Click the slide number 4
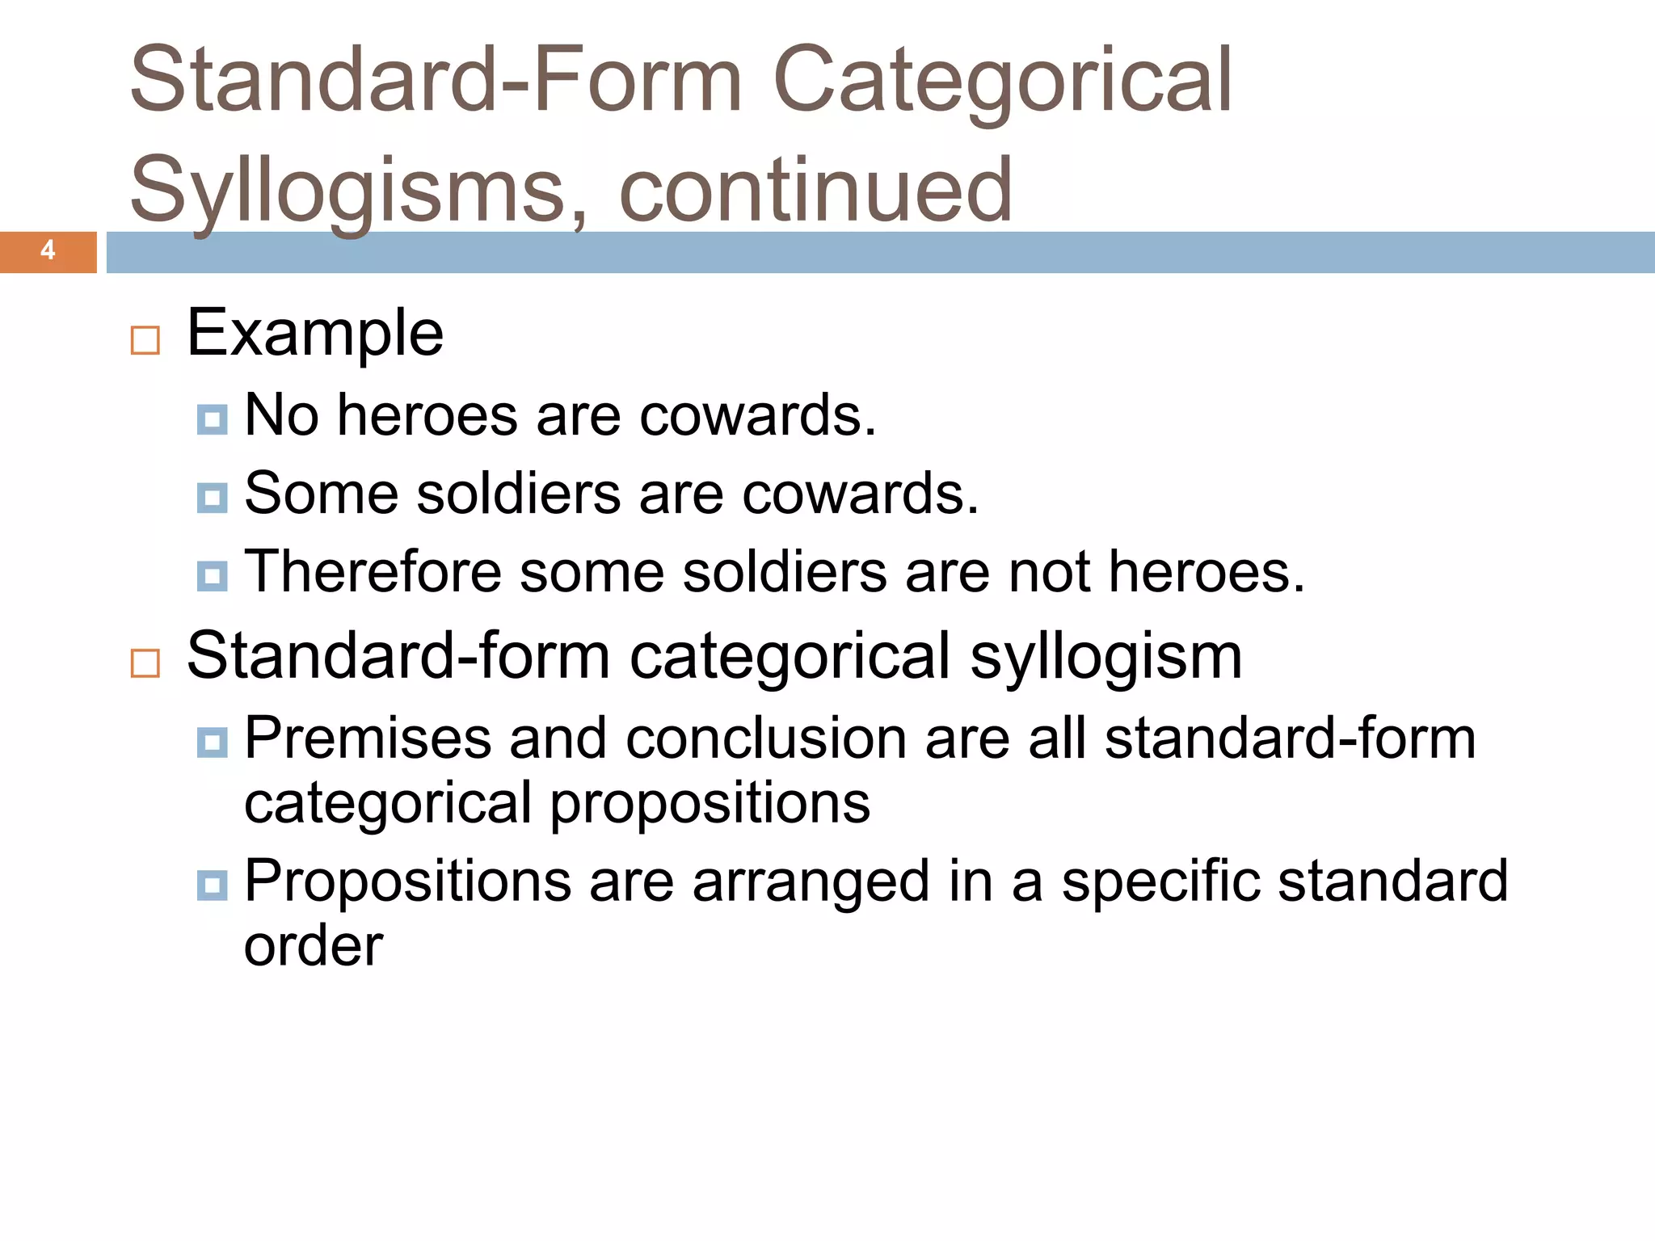click(48, 250)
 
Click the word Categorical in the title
click(1002, 81)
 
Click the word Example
click(315, 333)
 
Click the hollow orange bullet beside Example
click(145, 340)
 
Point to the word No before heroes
click(281, 415)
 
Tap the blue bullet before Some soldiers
click(212, 498)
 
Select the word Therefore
click(373, 572)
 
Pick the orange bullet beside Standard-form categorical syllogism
click(145, 663)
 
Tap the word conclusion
click(766, 738)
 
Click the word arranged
click(811, 882)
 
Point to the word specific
click(1160, 881)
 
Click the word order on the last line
click(314, 946)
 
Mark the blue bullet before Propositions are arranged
click(212, 885)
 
